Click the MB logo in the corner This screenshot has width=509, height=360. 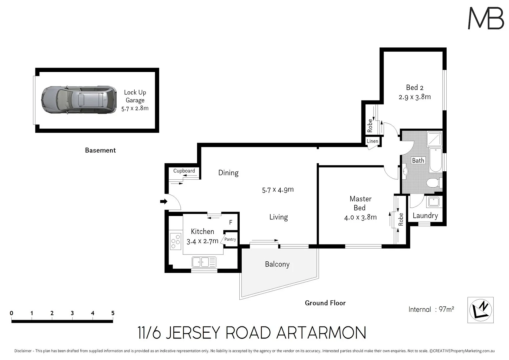point(486,18)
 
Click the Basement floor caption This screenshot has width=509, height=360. point(100,150)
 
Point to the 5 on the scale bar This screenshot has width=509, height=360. point(113,313)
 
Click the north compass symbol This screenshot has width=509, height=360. point(480,310)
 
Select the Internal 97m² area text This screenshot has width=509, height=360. point(431,309)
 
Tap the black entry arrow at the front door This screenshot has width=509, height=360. point(163,201)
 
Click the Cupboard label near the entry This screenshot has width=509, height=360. point(184,171)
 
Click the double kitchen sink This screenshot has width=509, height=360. point(204,262)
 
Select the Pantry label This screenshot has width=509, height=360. point(230,239)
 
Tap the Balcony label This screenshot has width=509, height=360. point(277,264)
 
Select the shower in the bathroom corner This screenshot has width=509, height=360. point(435,139)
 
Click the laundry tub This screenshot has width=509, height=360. point(434,202)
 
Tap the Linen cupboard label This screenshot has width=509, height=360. point(372,141)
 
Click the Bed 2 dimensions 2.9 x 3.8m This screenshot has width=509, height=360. point(415,97)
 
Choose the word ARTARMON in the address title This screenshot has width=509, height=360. point(321,333)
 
